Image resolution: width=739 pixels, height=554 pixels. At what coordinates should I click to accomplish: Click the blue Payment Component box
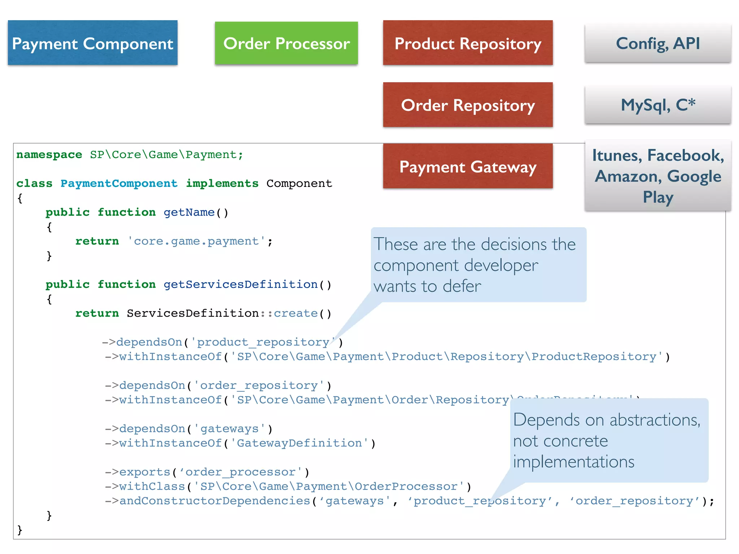[x=92, y=43]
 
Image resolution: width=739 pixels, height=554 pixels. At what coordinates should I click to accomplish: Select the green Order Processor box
[x=286, y=43]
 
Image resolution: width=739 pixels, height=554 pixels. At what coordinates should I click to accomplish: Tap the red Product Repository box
[x=468, y=43]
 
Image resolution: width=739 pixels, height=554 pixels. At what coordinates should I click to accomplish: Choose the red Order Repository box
[x=468, y=105]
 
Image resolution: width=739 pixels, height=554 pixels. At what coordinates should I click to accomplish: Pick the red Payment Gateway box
[x=468, y=167]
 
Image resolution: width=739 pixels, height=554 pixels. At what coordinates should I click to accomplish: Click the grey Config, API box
[x=657, y=43]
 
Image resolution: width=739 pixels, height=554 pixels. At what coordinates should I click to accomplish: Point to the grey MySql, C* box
[x=657, y=105]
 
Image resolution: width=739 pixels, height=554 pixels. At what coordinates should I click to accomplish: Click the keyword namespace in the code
[x=49, y=155]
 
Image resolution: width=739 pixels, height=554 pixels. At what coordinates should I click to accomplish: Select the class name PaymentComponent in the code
[x=119, y=184]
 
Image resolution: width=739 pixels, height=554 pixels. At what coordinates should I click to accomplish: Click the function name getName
[x=189, y=212]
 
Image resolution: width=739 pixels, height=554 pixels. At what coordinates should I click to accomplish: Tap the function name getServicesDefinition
[x=240, y=285]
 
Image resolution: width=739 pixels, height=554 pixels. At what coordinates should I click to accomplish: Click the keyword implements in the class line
[x=222, y=184]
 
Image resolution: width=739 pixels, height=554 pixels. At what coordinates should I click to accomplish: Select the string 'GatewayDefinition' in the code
[x=299, y=443]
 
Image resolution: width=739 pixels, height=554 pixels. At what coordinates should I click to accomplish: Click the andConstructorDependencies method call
[x=215, y=501]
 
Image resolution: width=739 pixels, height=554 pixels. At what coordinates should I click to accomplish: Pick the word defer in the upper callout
[x=462, y=286]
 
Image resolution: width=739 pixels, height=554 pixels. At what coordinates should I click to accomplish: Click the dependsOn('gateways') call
[x=188, y=429]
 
